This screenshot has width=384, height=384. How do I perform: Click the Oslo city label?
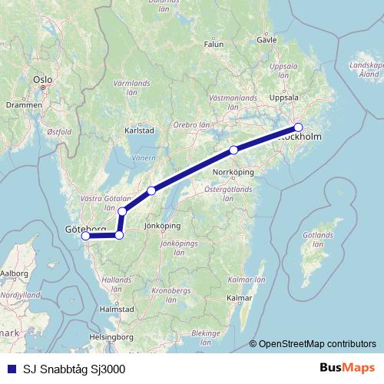[x=42, y=79]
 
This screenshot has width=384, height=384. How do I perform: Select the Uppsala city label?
[x=292, y=99]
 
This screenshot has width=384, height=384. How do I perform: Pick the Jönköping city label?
[x=161, y=226]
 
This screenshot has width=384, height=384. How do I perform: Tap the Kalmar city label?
[x=240, y=297]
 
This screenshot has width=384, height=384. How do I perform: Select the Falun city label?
[x=214, y=45]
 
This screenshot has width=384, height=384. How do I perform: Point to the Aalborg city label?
[x=14, y=273]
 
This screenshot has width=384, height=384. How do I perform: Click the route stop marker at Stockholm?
[x=299, y=127]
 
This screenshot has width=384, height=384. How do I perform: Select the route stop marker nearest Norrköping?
[x=233, y=150]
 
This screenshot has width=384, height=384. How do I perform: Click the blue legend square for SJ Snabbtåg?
[x=9, y=368]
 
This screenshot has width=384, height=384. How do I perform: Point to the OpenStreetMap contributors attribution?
[x=317, y=344]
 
